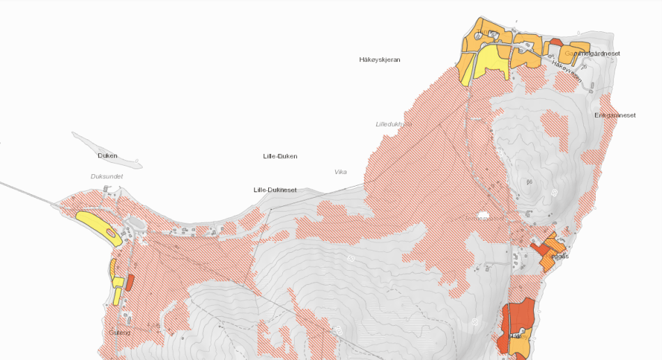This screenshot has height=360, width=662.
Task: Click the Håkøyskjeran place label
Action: (x=380, y=60)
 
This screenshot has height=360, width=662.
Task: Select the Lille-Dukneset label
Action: (x=275, y=190)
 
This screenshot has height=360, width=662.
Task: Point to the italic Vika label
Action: (x=340, y=172)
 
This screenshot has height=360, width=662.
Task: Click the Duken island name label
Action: (x=107, y=156)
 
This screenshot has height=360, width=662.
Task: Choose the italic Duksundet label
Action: (x=107, y=177)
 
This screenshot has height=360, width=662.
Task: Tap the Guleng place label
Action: (x=119, y=333)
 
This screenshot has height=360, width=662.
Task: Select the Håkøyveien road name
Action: (x=566, y=72)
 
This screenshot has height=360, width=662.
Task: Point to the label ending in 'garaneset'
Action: (x=615, y=115)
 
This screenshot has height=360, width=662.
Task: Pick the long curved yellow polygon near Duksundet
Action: (x=99, y=227)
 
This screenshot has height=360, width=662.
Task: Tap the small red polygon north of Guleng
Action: (x=130, y=283)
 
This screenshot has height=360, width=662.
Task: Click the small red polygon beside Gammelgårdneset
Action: (x=556, y=42)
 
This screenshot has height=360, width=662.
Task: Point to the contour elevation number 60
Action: (x=530, y=182)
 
